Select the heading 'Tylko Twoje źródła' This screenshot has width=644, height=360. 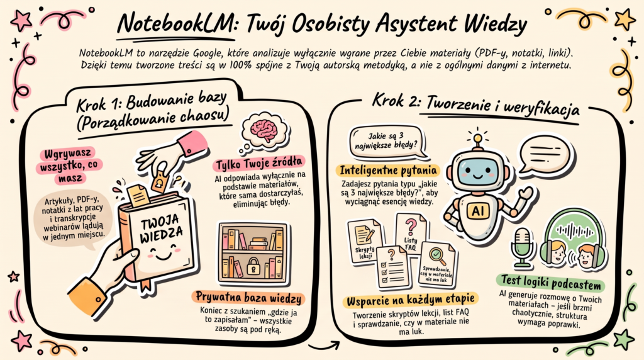[259, 164]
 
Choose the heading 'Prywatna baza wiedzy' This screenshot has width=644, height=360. [248, 298]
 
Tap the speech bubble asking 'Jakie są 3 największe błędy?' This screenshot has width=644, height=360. [387, 142]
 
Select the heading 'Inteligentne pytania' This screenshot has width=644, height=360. [387, 170]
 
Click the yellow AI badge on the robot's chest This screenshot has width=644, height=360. [478, 211]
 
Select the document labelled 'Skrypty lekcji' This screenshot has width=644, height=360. [365, 241]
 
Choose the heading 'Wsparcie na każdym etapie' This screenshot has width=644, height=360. [410, 300]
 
